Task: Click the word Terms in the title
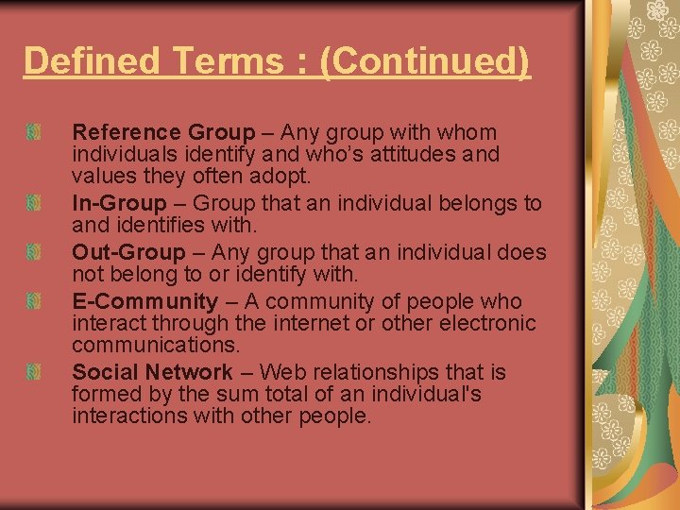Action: [243, 61]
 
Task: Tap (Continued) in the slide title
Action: [424, 61]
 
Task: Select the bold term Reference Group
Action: [163, 132]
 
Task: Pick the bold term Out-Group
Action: [128, 252]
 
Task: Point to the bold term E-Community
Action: [144, 301]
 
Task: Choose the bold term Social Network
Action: [152, 372]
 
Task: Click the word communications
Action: [156, 345]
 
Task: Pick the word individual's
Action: [429, 394]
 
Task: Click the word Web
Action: [280, 372]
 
